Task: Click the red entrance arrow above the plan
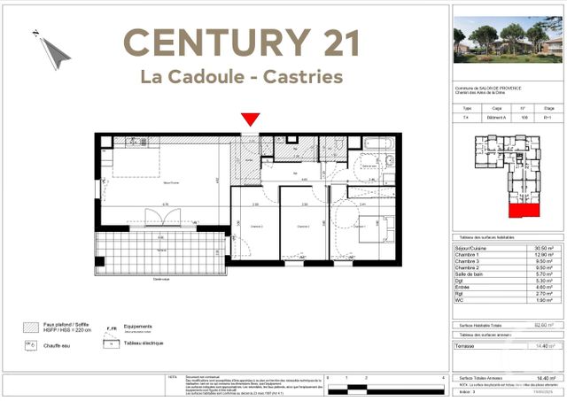coord(251,119)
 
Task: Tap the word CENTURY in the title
coord(208,42)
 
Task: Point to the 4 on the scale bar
coord(442,378)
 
